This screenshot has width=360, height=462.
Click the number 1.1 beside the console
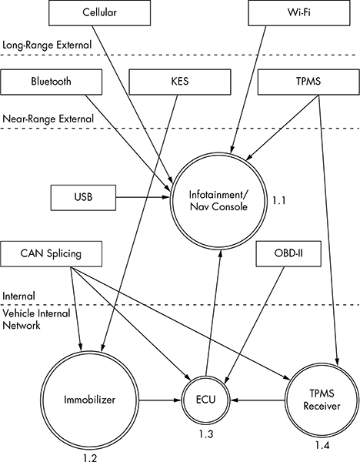point(278,201)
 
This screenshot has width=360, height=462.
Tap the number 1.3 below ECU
point(205,434)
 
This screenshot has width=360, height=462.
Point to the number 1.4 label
point(322,445)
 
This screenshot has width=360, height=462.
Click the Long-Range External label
point(47,45)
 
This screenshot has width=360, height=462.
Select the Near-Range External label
point(48,119)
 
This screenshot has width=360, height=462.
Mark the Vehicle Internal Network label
point(36,319)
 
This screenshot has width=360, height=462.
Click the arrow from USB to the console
point(143,197)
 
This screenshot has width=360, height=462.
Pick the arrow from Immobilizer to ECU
point(160,400)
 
